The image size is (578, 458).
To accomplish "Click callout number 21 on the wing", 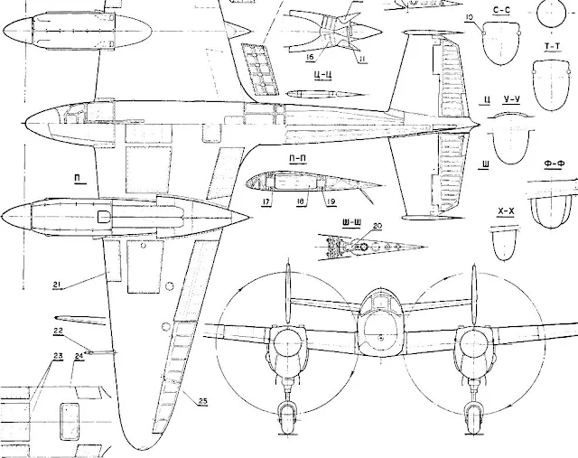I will [x=56, y=285].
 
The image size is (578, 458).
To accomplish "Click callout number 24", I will [x=79, y=357].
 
